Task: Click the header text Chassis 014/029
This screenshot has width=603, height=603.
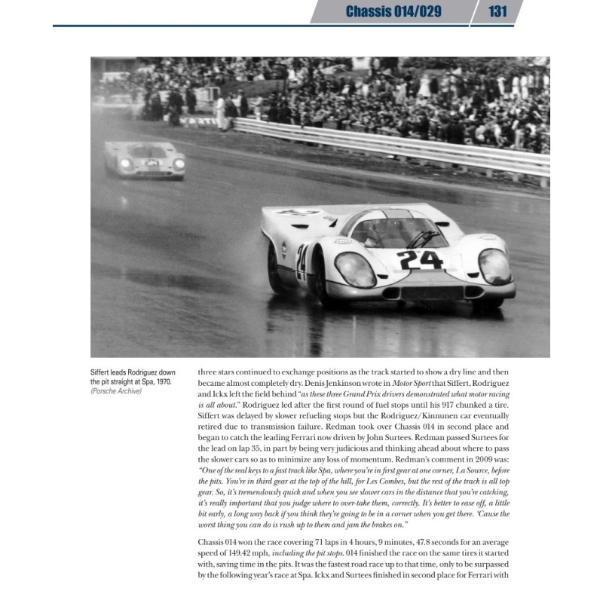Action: pos(393,11)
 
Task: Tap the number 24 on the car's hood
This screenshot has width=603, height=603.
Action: pos(420,260)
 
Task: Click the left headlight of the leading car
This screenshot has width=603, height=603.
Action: pos(355,269)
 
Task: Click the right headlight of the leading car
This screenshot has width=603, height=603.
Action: pos(494,266)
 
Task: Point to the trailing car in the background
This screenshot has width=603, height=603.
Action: pos(145,158)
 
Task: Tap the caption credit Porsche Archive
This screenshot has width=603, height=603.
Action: pos(116,391)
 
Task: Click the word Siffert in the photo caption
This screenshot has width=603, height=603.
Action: pos(106,372)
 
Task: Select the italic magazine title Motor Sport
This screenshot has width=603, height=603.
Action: pos(413,384)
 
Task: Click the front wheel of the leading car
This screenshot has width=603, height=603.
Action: pos(274,265)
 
